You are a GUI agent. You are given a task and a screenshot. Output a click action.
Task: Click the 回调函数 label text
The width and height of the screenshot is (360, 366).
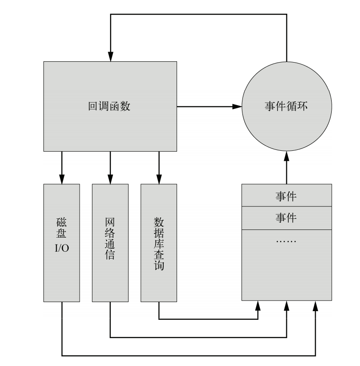(109, 106)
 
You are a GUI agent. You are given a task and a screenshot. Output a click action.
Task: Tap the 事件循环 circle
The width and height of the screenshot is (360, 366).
(286, 107)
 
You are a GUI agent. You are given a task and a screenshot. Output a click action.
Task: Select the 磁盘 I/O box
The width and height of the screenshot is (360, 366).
(62, 243)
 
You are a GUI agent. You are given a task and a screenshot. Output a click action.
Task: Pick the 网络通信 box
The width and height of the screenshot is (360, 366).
(110, 243)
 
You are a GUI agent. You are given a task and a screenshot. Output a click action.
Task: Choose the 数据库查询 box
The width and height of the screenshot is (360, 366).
(159, 243)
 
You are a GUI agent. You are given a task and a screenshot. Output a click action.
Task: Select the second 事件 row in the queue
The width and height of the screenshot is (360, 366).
(286, 218)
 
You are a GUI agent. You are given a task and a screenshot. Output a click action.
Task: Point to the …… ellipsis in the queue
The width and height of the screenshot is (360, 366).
(286, 240)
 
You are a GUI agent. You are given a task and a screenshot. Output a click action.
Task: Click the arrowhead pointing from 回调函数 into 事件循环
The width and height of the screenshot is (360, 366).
(236, 106)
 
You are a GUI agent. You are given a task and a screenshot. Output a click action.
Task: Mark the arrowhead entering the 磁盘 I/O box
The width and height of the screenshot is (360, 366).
(62, 180)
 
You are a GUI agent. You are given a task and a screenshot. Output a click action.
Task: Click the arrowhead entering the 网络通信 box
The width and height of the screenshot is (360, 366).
(110, 180)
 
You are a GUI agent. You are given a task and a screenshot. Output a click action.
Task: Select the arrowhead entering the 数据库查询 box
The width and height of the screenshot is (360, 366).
(159, 180)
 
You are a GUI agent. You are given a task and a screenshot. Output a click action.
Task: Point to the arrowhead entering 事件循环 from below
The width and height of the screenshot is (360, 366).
(286, 157)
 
